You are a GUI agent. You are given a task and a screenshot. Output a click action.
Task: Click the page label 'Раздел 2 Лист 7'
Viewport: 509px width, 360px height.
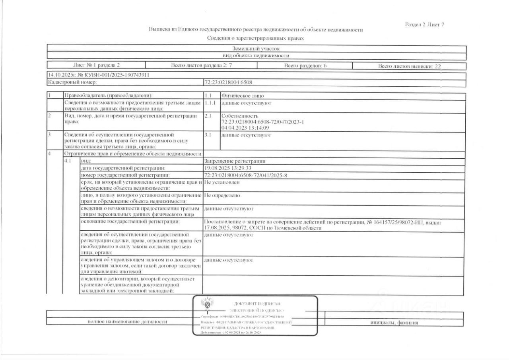424,25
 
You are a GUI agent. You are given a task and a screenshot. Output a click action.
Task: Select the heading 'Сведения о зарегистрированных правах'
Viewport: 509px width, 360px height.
256,38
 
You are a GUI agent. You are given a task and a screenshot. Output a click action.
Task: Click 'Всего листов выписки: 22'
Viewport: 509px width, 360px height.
409,66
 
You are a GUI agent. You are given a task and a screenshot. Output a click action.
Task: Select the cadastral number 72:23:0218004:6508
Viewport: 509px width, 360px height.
228,82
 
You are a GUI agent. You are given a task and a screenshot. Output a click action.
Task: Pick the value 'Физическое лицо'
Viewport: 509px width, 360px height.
242,96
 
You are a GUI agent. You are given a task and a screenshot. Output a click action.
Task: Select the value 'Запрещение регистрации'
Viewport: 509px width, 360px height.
234,162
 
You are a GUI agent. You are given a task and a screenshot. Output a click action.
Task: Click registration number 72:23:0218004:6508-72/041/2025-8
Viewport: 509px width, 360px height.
245,175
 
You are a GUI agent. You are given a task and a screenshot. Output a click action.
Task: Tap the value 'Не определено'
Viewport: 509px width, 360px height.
221,195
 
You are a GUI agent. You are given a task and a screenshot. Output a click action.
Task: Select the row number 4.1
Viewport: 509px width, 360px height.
68,162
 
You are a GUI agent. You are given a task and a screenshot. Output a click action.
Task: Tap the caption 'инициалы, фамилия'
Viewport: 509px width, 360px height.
394,323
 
